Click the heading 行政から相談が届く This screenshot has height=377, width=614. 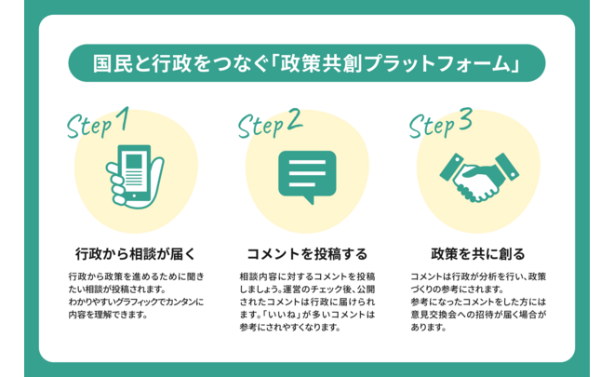click(x=134, y=253)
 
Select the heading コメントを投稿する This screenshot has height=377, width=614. click(x=307, y=253)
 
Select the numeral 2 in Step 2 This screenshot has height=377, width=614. click(x=293, y=119)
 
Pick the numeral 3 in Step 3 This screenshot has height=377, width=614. click(x=464, y=119)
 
